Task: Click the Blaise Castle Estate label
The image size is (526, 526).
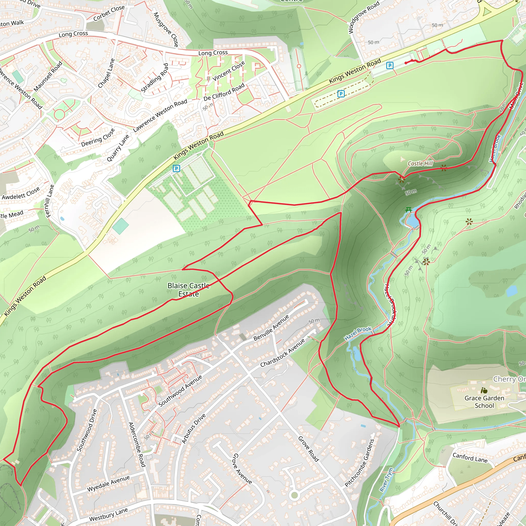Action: (x=189, y=290)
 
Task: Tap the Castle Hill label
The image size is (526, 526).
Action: (x=420, y=163)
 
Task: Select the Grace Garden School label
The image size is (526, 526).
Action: (x=484, y=402)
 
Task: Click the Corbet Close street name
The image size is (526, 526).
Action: (x=109, y=13)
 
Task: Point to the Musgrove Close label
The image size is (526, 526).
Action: (x=166, y=29)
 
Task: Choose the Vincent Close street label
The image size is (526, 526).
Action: (x=229, y=71)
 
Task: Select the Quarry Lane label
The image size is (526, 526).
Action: (x=118, y=148)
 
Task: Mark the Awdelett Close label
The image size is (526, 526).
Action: (x=21, y=193)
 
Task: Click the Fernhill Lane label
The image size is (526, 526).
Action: (x=50, y=201)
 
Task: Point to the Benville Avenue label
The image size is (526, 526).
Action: (x=271, y=328)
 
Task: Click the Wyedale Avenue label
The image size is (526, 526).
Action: (x=108, y=484)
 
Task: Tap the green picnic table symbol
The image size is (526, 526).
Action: (x=408, y=210)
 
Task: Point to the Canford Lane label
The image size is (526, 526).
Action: (x=470, y=458)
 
